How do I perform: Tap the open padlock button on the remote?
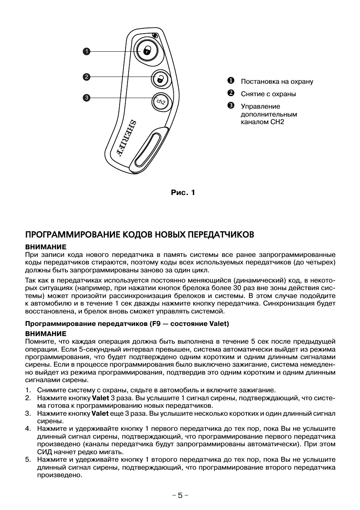161,79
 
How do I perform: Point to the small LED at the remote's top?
155,35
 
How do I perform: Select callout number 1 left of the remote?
86,51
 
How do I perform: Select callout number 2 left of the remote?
86,77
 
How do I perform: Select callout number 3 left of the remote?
86,98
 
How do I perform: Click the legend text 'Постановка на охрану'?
277,81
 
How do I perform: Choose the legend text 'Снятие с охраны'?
268,94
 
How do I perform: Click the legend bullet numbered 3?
231,106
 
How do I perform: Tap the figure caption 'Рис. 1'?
183,192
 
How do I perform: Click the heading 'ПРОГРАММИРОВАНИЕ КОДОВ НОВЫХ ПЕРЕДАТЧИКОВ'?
140,235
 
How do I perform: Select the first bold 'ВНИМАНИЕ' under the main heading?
46,247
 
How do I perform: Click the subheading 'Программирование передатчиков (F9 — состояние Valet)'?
127,324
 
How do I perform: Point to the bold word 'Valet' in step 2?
100,398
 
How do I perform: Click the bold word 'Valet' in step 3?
100,413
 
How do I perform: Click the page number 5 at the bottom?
180,495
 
